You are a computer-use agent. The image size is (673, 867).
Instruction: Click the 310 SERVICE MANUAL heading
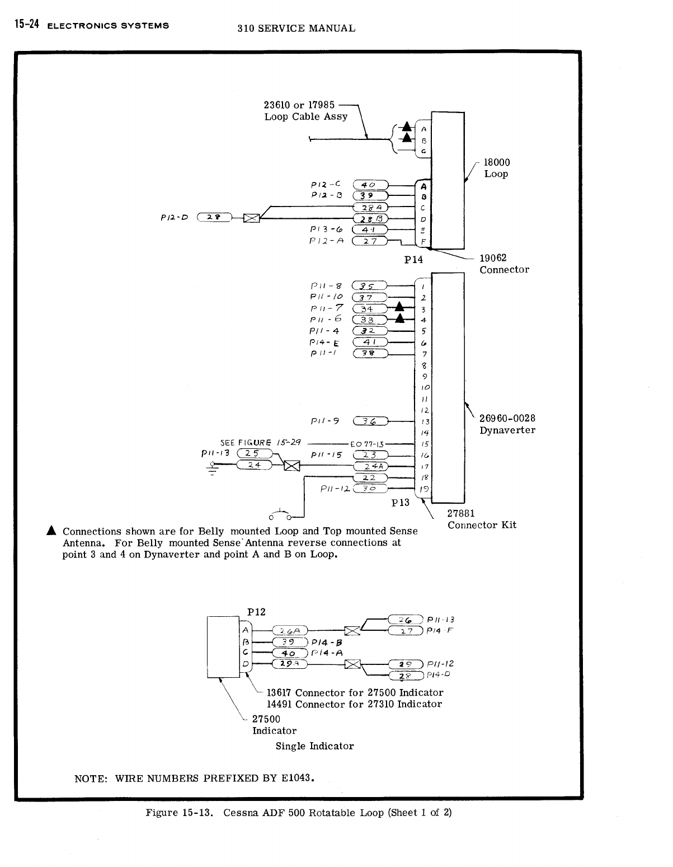[x=296, y=28]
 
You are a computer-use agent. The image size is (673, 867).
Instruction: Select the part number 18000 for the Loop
[x=497, y=162]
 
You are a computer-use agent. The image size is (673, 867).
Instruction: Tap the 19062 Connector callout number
[x=493, y=258]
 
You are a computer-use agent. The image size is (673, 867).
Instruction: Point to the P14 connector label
[x=413, y=260]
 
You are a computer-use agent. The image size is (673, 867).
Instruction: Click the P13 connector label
[x=401, y=503]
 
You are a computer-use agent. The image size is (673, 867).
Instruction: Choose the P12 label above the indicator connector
[x=256, y=611]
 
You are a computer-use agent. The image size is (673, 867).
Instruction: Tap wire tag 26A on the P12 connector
[x=289, y=631]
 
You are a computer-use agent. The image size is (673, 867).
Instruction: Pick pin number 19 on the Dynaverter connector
[x=425, y=489]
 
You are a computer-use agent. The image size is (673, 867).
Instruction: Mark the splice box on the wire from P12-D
[x=252, y=218]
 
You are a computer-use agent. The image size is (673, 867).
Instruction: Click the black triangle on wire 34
[x=399, y=306]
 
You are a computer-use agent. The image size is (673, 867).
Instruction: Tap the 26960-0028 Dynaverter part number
[x=507, y=419]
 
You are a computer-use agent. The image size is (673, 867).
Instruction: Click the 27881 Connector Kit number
[x=461, y=513]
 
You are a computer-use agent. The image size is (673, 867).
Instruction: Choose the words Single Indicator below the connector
[x=314, y=746]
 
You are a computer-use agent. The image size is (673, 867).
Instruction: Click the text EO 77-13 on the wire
[x=367, y=444]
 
